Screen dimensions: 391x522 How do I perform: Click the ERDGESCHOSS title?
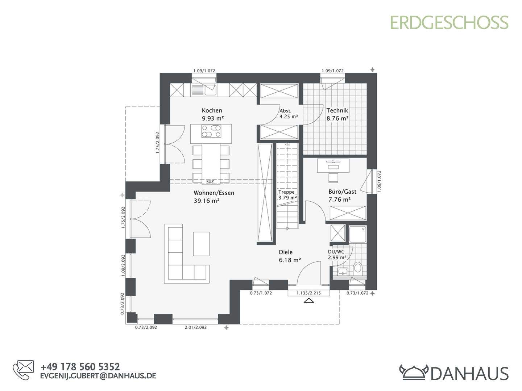click(449, 22)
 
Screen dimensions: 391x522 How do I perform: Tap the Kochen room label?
click(212, 110)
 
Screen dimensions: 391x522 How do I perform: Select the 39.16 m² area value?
click(207, 201)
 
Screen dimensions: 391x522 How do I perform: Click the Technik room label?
click(337, 110)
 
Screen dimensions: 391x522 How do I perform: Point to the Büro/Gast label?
click(342, 192)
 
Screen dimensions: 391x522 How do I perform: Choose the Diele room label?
click(286, 252)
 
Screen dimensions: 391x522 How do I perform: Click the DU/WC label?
click(336, 252)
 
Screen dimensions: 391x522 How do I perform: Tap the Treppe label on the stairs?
click(286, 192)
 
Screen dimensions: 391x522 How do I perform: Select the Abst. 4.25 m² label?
click(288, 114)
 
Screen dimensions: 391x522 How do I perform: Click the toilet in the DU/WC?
click(357, 268)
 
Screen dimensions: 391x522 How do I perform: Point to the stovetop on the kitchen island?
click(211, 131)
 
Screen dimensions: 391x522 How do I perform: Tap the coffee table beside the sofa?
click(201, 244)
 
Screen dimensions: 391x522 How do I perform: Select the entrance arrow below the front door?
click(309, 300)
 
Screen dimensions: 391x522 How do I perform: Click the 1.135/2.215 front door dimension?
click(308, 293)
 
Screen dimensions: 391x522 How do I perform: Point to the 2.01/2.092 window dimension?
click(195, 327)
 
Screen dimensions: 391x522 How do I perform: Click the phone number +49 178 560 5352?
click(80, 367)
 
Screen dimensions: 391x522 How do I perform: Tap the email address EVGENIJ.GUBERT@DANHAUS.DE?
click(98, 376)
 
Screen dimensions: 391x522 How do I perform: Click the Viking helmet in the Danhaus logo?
click(414, 372)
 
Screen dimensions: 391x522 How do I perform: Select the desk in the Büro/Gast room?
click(333, 165)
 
